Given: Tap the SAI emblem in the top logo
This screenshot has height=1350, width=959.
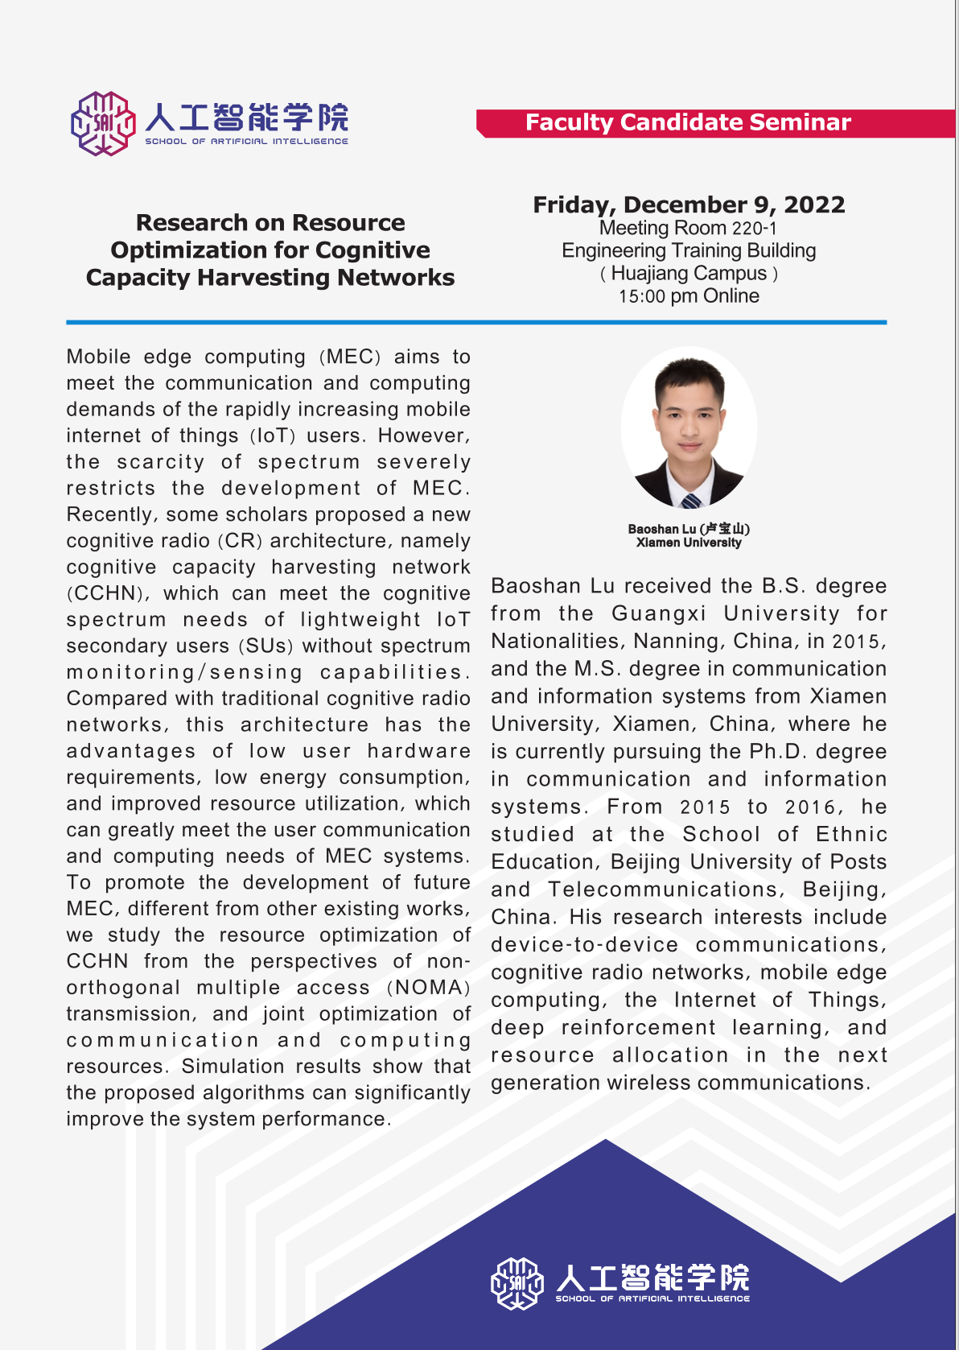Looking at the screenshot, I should (x=103, y=123).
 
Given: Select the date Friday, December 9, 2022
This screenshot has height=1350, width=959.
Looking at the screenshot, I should (x=689, y=205).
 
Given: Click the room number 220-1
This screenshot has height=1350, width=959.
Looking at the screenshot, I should (x=754, y=229).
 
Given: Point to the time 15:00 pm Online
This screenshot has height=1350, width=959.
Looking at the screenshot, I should (x=689, y=296).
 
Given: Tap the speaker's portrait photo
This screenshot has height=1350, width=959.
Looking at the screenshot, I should (x=689, y=431).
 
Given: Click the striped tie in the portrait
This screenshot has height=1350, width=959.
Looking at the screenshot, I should (x=690, y=502).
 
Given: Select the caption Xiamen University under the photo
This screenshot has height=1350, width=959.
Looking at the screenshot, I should (x=689, y=543).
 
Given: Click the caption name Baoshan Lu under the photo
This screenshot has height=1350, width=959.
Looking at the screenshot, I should (x=661, y=529).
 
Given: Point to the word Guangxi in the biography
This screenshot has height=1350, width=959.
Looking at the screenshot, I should (x=659, y=613).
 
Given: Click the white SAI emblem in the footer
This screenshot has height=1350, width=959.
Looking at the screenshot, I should (x=517, y=1283).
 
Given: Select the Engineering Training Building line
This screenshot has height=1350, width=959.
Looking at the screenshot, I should (x=689, y=251).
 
